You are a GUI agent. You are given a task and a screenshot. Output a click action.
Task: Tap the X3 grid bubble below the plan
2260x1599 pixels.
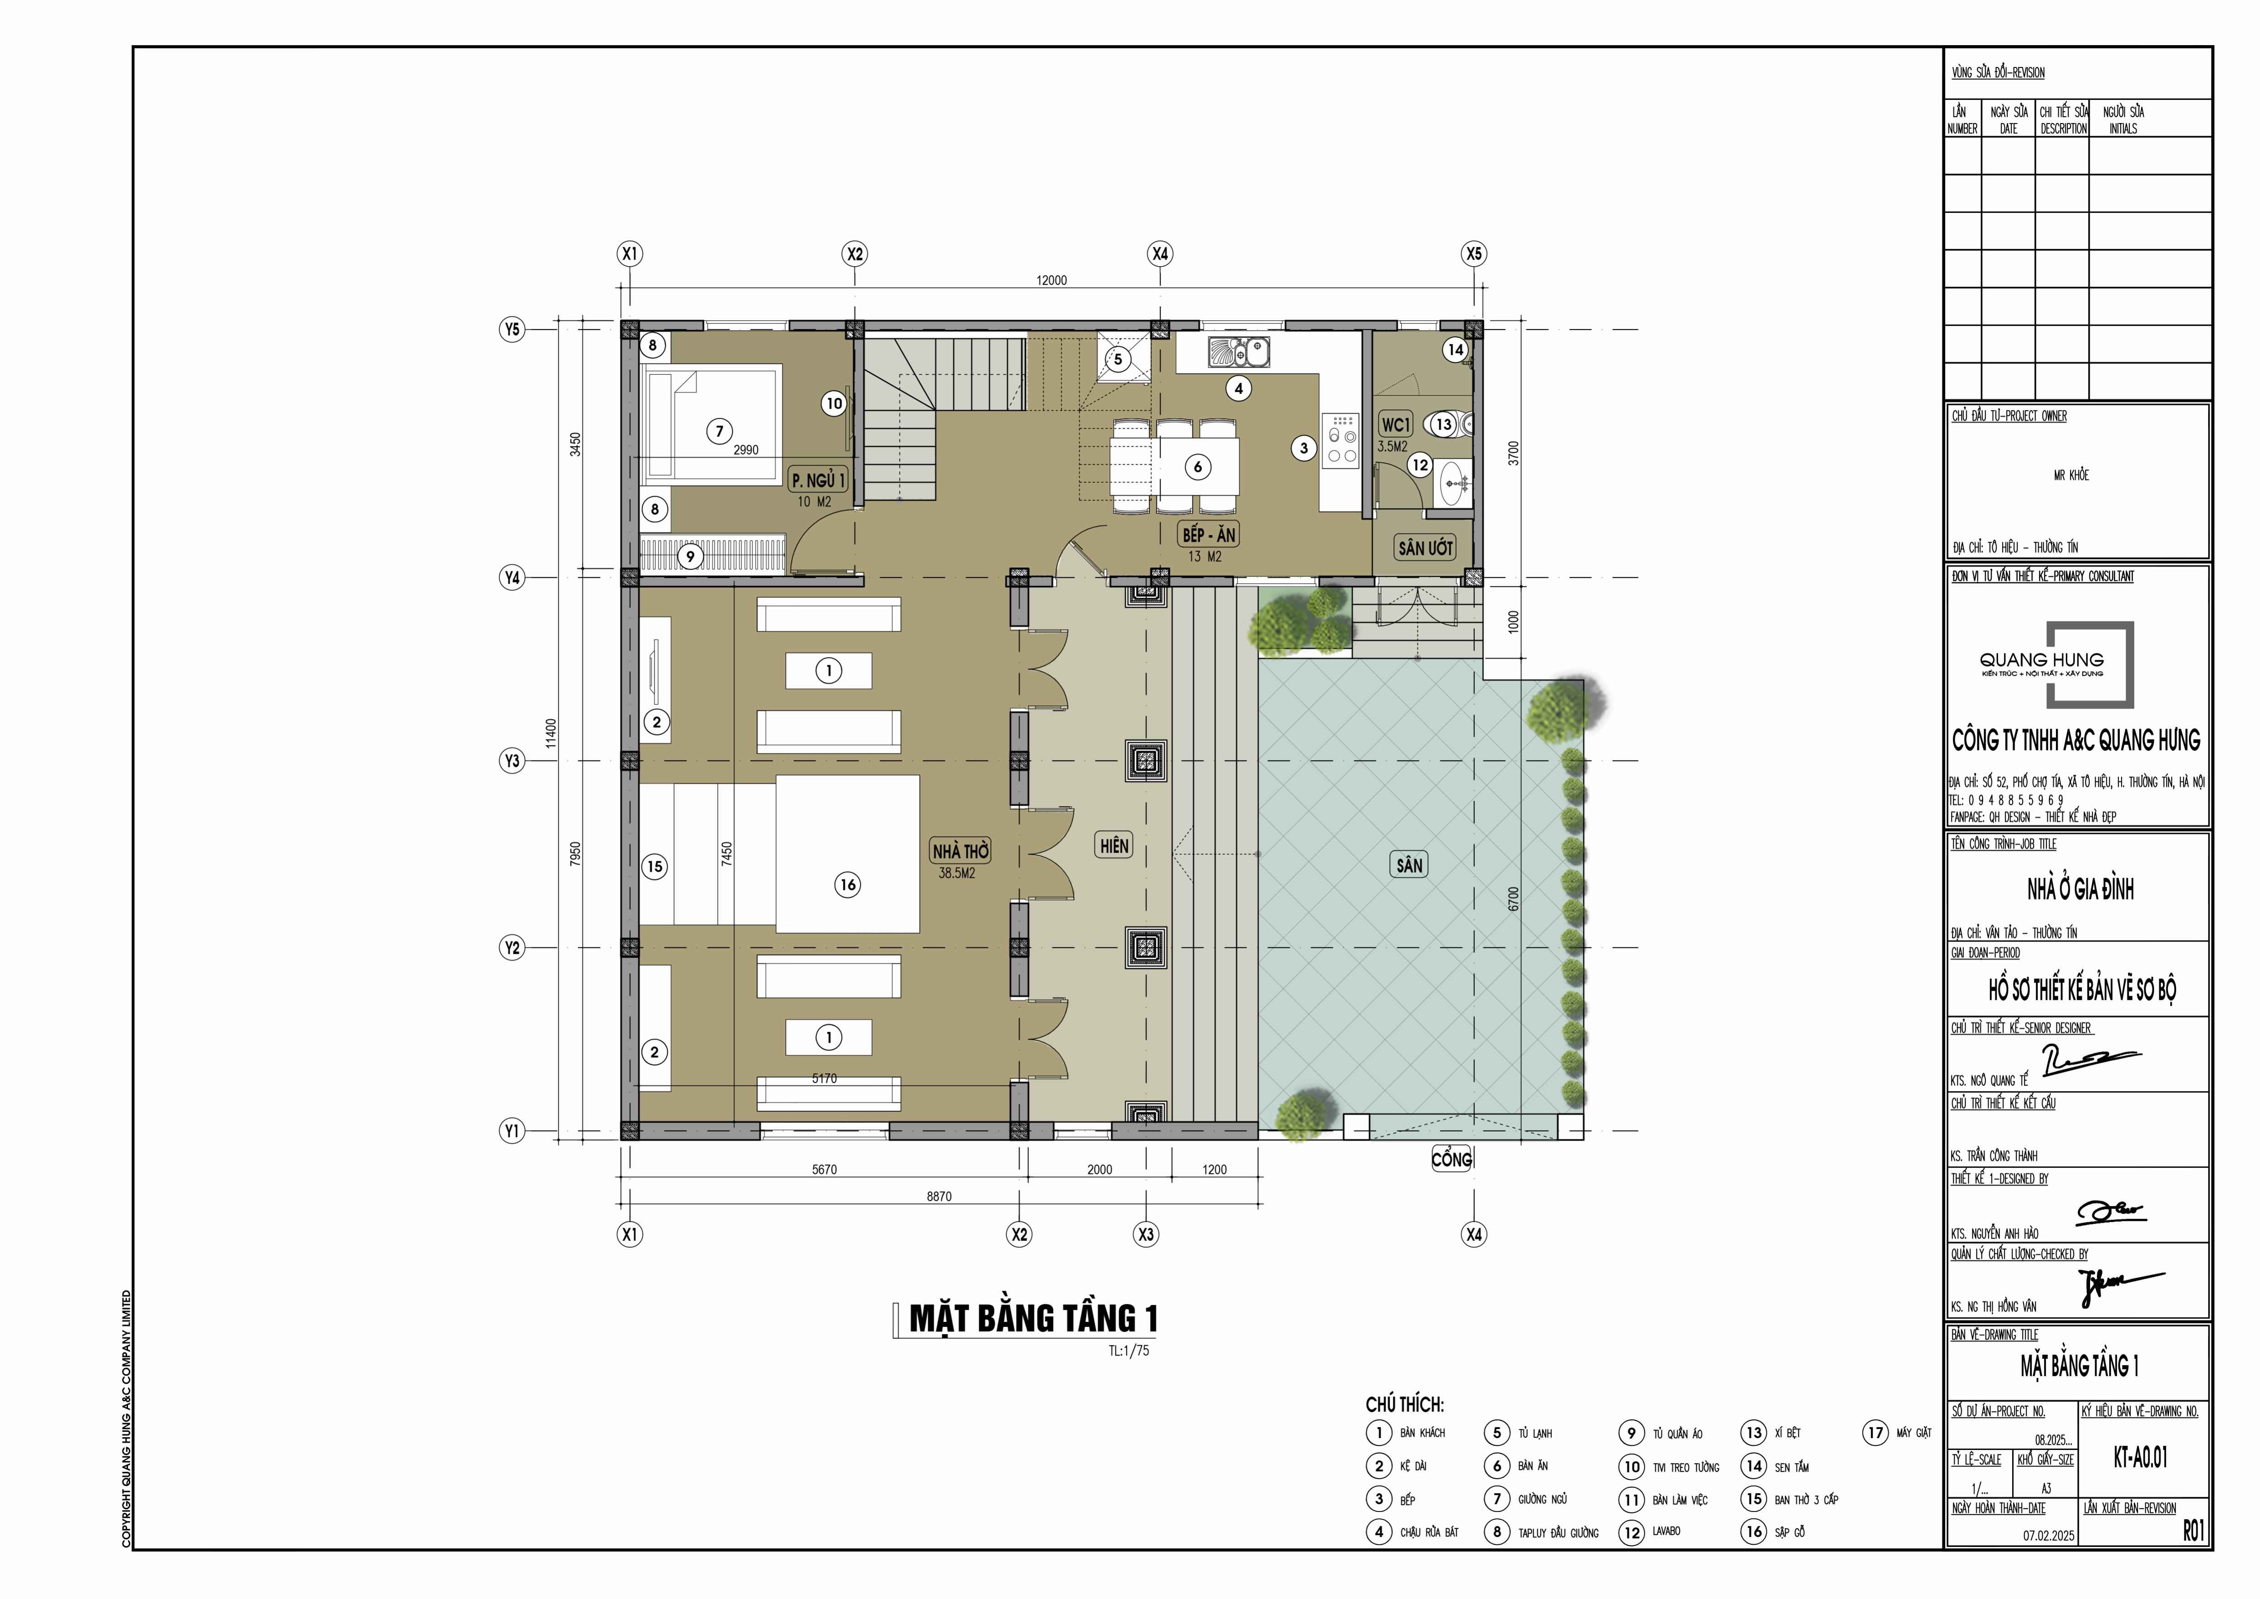click(x=1146, y=1234)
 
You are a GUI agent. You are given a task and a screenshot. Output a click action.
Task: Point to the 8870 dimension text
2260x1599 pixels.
click(x=939, y=1196)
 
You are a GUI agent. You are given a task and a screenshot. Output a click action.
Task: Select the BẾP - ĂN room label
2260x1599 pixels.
click(x=1209, y=535)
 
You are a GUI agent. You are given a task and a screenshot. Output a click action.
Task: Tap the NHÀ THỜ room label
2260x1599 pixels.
click(x=961, y=851)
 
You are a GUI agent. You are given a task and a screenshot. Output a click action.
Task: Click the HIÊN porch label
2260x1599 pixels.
click(x=1114, y=845)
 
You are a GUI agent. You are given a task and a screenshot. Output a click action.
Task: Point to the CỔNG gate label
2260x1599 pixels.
click(x=1452, y=1160)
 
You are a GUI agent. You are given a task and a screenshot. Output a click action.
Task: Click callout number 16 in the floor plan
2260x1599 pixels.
click(x=848, y=884)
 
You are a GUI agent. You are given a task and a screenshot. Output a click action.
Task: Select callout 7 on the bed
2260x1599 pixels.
click(x=720, y=431)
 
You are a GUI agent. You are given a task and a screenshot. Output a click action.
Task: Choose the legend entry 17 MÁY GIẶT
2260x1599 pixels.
click(x=1898, y=1433)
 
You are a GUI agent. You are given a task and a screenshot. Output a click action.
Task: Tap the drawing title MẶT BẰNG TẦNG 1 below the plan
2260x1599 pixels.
click(x=1033, y=1318)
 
